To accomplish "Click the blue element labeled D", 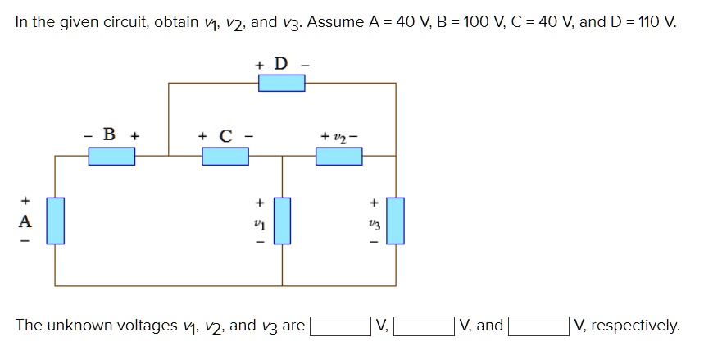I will pos(282,83).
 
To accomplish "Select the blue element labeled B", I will pos(111,155).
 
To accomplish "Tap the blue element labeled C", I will pos(225,155).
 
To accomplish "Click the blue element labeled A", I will pos(55,221).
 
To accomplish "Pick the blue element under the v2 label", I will pos(339,155).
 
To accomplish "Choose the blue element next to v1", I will pos(282,221).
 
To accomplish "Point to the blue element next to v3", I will pos(396,221).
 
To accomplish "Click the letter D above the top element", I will pos(281,63).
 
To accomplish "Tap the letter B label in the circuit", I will pos(111,134).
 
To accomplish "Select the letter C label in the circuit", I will pos(225,134).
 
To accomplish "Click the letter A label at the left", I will pos(25,221).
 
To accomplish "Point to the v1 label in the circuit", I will pos(260,221).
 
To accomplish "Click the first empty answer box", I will pos(339,326).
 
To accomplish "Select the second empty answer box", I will pos(424,326).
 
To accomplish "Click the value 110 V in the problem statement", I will pos(656,22).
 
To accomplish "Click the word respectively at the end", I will pos(635,326).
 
